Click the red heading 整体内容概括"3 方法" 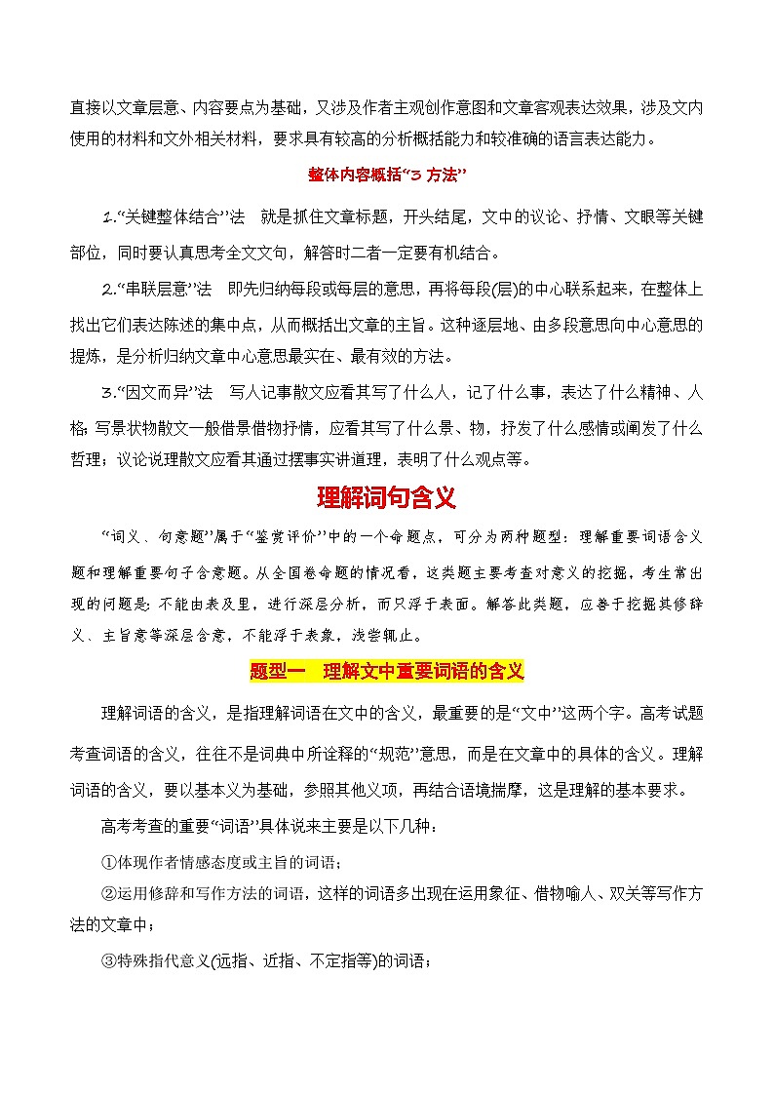click(387, 175)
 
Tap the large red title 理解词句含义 click(387, 498)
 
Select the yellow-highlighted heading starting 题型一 click(387, 672)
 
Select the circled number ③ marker click(108, 961)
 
